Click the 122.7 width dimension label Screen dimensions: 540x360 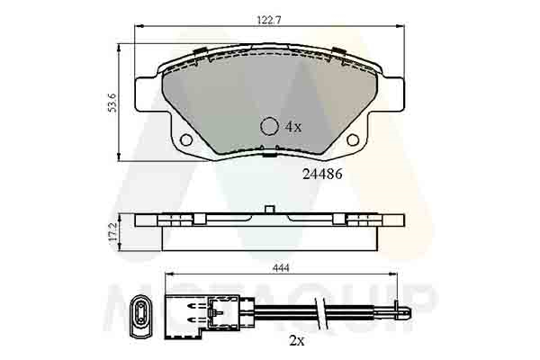coord(269,20)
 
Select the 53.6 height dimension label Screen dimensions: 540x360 coord(112,103)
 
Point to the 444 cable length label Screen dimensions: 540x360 coord(281,267)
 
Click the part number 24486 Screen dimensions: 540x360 coord(322,175)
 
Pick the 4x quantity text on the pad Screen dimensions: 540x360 coord(293,127)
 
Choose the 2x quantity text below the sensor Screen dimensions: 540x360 coord(297,341)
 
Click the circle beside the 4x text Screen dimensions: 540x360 coord(269,126)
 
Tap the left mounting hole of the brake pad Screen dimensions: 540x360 coord(186,139)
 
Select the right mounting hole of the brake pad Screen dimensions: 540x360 coord(353,139)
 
